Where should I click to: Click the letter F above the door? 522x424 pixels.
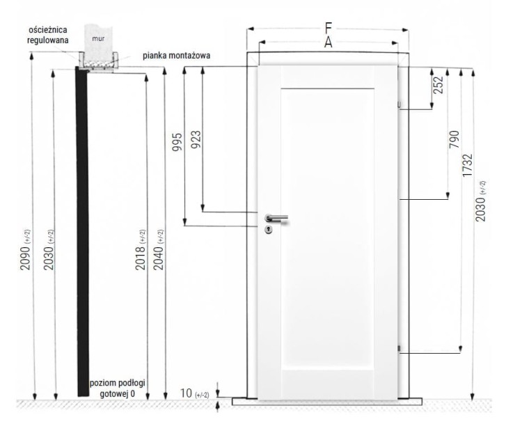[x=329, y=29]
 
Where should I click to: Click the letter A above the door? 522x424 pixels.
[x=329, y=42]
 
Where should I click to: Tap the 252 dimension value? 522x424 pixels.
[x=439, y=85]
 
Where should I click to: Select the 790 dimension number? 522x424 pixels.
[x=454, y=139]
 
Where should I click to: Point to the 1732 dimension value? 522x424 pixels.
[x=468, y=165]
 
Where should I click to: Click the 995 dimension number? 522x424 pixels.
[x=177, y=142]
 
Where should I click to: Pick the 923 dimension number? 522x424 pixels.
[x=196, y=139]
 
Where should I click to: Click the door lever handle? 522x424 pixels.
[x=276, y=218]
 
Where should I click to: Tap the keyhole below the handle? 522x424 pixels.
[x=269, y=229]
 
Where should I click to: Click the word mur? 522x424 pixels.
[x=98, y=38]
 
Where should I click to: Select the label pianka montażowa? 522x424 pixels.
[x=177, y=56]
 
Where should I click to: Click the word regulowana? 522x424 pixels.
[x=48, y=40]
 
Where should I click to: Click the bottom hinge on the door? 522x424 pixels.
[x=400, y=349]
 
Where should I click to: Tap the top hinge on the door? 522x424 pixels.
[x=400, y=105]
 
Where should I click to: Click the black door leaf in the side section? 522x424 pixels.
[x=82, y=231]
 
